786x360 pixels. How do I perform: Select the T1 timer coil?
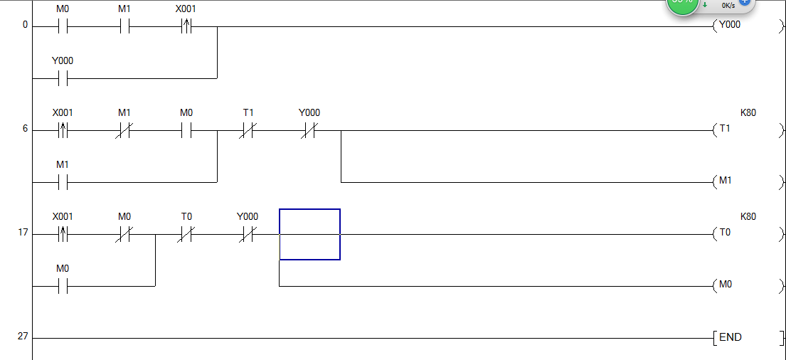click(x=725, y=130)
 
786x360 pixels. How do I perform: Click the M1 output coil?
click(x=725, y=181)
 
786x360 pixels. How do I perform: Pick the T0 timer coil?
click(x=725, y=233)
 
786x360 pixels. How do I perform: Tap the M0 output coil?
click(x=725, y=285)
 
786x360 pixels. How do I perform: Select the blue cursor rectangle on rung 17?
click(x=309, y=234)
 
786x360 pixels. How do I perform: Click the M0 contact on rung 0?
click(x=63, y=26)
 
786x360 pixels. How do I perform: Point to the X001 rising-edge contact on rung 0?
click(x=186, y=26)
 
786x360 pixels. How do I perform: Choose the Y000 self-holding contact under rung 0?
click(x=63, y=78)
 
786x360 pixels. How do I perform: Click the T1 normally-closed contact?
click(x=248, y=130)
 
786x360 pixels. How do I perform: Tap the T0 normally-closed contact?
click(x=186, y=233)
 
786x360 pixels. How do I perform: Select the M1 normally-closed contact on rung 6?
click(x=124, y=130)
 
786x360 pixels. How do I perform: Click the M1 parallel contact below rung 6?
click(x=63, y=181)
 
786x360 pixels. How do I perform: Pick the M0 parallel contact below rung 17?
click(x=63, y=285)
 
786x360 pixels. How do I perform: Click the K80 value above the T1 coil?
click(x=748, y=112)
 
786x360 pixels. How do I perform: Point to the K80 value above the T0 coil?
click(x=748, y=216)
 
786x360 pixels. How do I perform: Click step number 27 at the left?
click(x=23, y=336)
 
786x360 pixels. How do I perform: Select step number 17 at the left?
click(x=23, y=232)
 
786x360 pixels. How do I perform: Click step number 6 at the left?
click(x=25, y=129)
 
